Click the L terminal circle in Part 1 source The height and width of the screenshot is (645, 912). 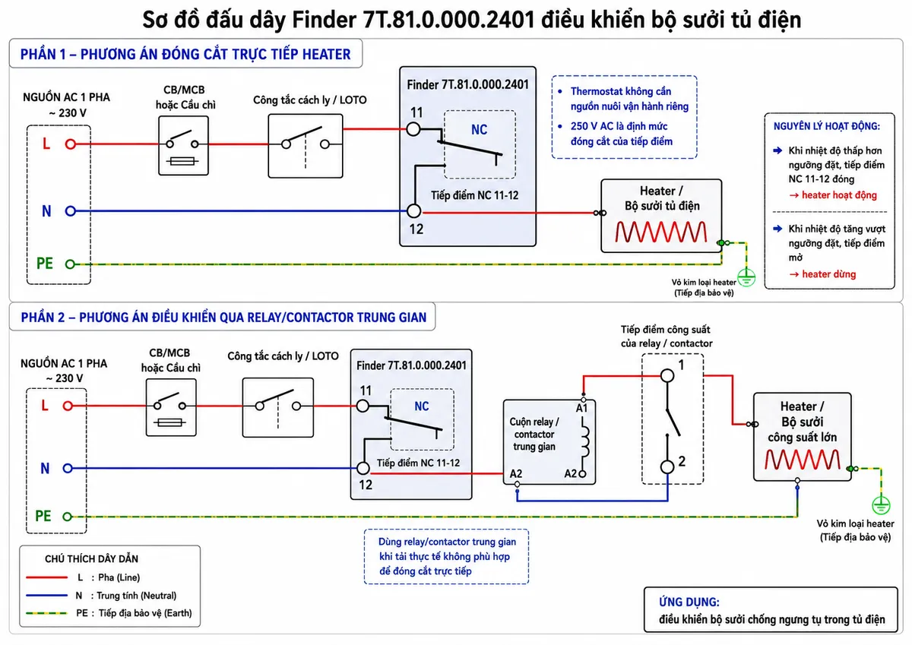71,144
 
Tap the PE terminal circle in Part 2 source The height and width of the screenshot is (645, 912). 67,517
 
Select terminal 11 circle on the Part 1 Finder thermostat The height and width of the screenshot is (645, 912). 413,129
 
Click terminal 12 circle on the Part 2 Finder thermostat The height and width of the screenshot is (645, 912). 363,469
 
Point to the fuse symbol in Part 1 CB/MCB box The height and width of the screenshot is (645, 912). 182,161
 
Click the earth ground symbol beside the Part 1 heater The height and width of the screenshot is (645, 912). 746,277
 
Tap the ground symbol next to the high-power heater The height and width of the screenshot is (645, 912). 881,505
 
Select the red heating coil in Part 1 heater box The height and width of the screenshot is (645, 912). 660,232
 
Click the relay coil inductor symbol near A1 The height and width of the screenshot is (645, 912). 584,441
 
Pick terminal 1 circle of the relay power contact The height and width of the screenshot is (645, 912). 667,375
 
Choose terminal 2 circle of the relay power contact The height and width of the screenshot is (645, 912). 667,466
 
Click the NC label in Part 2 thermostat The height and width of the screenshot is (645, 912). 422,406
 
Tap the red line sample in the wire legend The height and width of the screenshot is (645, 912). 46,577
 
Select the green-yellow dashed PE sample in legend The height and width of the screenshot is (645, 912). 46,613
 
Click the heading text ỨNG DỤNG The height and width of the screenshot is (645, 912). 689,602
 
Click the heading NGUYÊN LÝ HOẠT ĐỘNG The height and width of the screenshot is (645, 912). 827,126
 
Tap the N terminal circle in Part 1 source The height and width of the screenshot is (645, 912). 71,211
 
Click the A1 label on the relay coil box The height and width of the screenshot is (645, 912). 581,408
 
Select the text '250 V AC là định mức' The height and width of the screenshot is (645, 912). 619,126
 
